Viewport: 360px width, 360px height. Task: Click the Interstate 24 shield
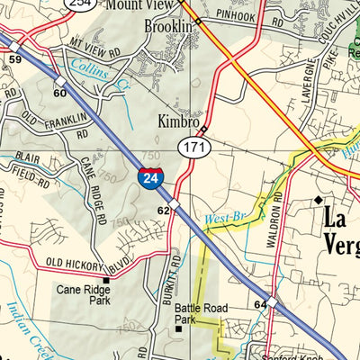(149, 178)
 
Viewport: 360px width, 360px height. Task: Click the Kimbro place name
(177, 121)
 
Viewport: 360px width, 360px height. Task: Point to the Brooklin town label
(169, 27)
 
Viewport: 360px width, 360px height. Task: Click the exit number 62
(163, 210)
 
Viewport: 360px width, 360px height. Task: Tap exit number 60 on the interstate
(60, 93)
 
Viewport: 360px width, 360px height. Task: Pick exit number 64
(260, 306)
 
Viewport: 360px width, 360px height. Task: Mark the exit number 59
(13, 60)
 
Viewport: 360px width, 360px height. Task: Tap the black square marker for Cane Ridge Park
(106, 281)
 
